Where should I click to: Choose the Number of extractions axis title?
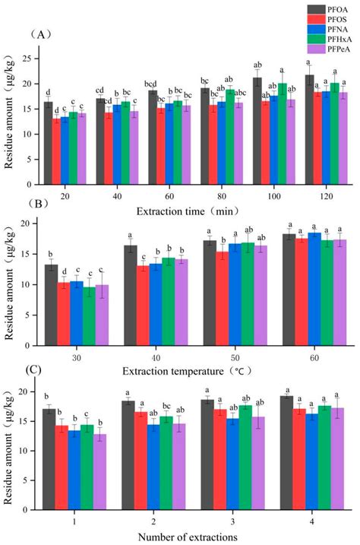point(189,537)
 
